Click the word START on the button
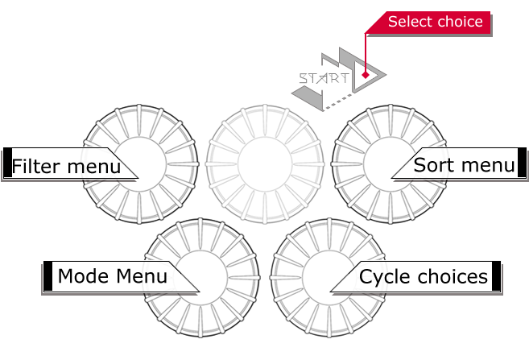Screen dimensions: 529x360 (x=324, y=79)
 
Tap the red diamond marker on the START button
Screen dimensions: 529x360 (x=365, y=76)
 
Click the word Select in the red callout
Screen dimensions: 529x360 (x=410, y=22)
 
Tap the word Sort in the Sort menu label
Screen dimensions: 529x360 (x=430, y=165)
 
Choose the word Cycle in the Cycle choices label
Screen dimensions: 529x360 (x=381, y=276)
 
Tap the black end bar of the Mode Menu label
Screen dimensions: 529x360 (x=48, y=275)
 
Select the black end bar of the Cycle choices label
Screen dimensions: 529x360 (x=496, y=275)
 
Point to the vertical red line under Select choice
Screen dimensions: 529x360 (x=366, y=52)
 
